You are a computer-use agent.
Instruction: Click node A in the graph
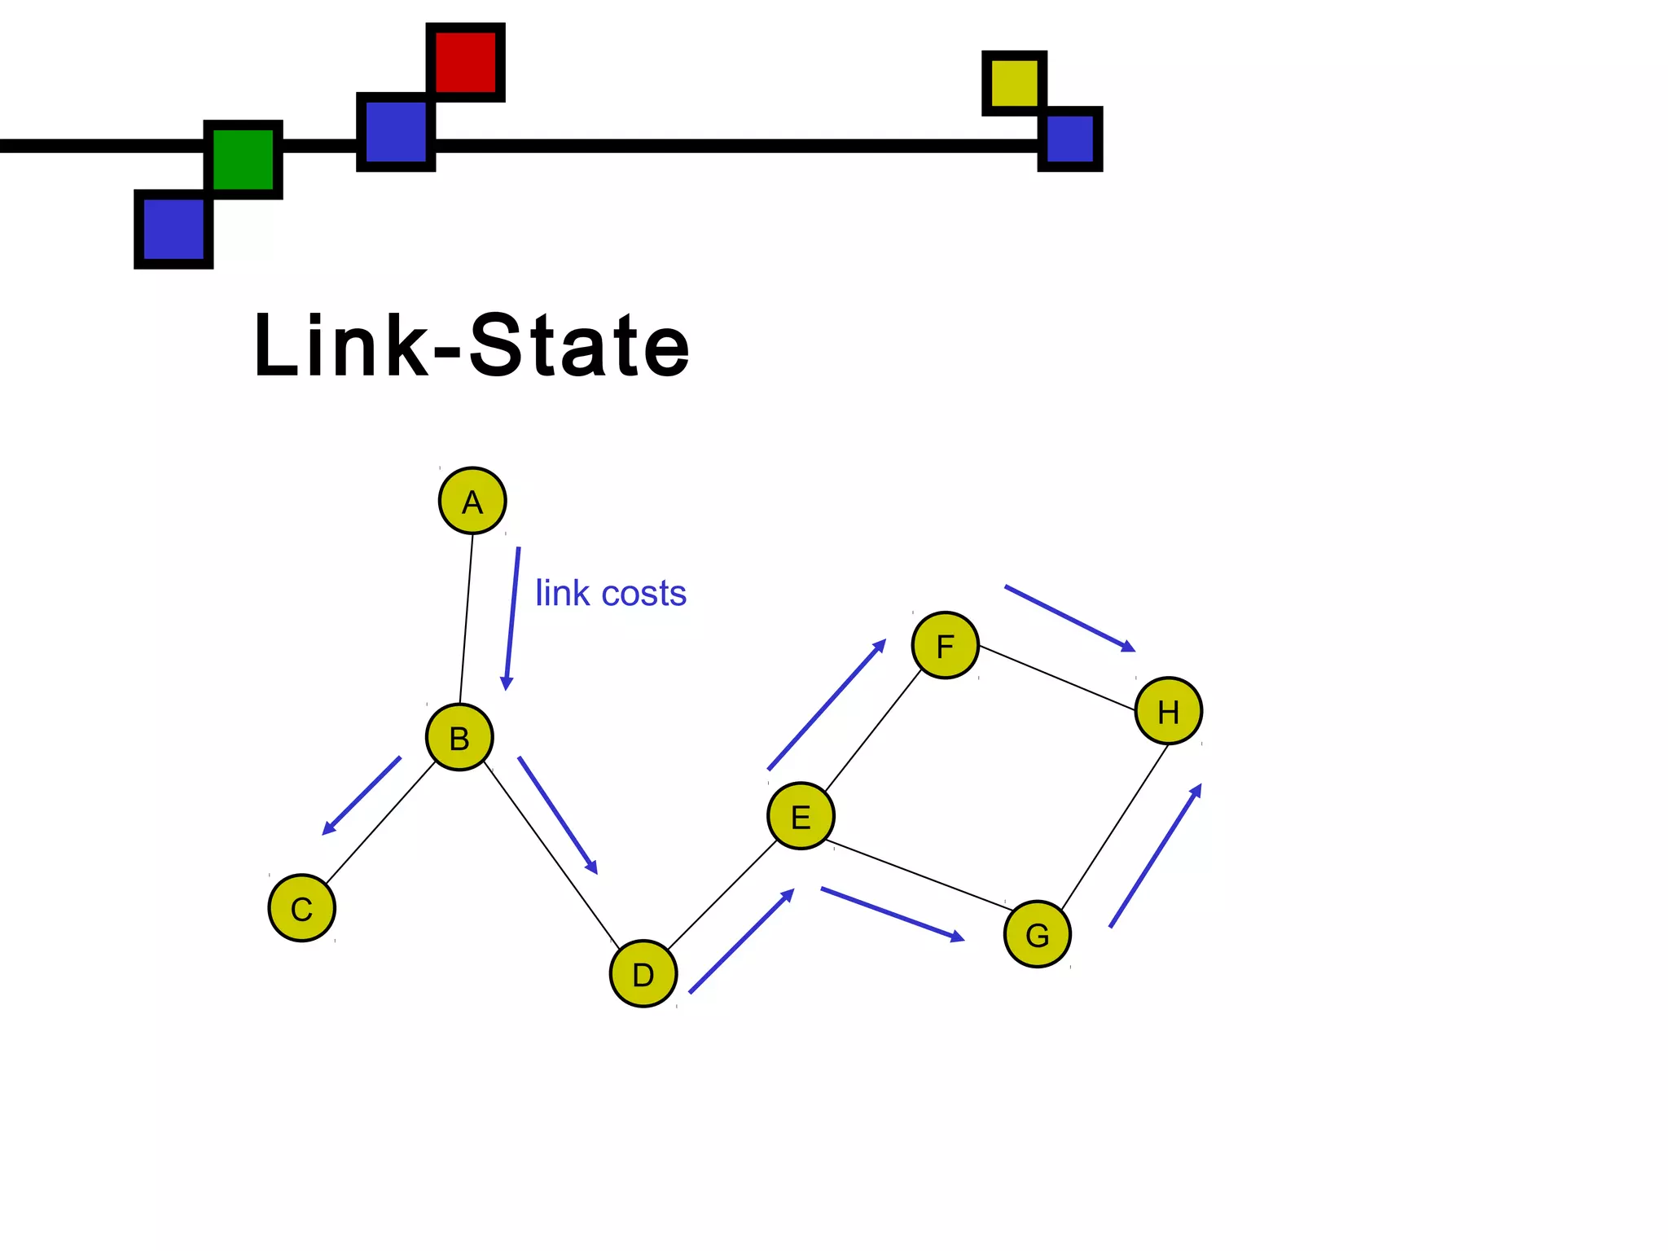[472, 501]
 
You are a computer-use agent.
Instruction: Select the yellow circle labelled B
[459, 737]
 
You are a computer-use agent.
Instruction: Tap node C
[301, 908]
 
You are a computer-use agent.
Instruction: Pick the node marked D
[643, 973]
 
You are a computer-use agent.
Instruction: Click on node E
[801, 816]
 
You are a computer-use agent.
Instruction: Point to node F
[945, 645]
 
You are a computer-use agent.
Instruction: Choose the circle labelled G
[1037, 934]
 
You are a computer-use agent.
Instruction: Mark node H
[1168, 710]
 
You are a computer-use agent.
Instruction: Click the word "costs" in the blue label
[643, 593]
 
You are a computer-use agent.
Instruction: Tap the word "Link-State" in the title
[472, 345]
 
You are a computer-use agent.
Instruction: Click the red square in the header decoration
[465, 62]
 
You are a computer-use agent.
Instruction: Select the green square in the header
[243, 160]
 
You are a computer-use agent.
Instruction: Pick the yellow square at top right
[1014, 83]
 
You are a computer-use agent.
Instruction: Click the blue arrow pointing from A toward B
[511, 619]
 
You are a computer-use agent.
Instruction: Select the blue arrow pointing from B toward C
[362, 796]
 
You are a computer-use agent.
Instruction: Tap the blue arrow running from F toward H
[1069, 618]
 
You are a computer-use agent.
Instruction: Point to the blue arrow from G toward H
[1155, 855]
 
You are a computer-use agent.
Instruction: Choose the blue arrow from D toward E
[741, 942]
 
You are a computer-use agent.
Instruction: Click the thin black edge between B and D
[551, 854]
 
